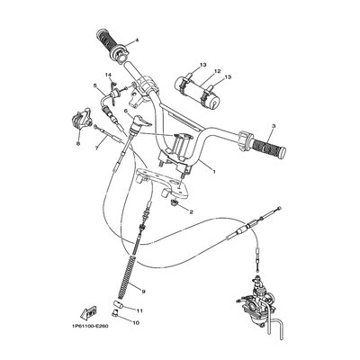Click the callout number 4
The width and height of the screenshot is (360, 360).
[137, 41]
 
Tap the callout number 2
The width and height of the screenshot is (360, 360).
[191, 213]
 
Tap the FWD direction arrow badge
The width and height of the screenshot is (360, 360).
[87, 308]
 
